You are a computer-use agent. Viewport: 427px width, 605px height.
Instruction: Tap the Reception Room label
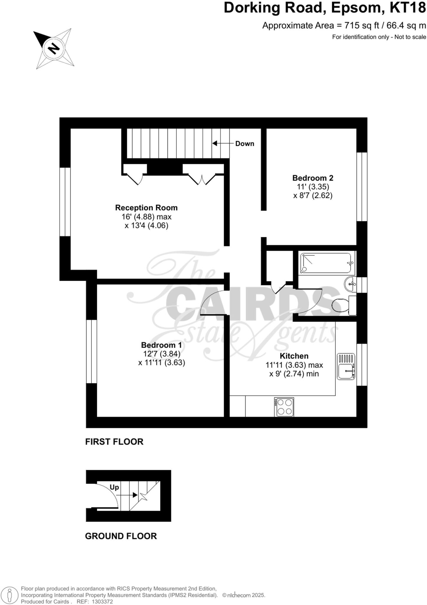(146, 208)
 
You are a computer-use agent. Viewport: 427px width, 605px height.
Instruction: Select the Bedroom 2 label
(313, 178)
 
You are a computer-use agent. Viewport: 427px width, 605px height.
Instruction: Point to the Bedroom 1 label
(161, 345)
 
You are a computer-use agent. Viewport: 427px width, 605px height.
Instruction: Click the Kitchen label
(294, 356)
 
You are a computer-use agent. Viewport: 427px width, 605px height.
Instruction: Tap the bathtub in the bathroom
(327, 263)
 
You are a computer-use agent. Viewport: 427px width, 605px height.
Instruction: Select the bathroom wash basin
(350, 284)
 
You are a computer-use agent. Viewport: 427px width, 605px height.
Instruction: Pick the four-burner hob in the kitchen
(284, 407)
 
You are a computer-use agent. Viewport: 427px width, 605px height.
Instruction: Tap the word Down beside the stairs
(245, 144)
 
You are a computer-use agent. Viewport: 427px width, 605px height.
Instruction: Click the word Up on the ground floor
(114, 487)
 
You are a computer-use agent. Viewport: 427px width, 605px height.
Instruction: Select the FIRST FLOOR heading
(114, 442)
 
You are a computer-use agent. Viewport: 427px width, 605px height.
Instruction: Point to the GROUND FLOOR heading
(121, 536)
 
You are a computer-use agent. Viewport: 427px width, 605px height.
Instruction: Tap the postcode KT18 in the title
(408, 8)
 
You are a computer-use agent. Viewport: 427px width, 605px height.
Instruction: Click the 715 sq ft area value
(361, 26)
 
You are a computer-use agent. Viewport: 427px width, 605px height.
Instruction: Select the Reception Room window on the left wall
(65, 202)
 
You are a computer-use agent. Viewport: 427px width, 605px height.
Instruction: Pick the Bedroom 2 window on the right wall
(362, 187)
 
